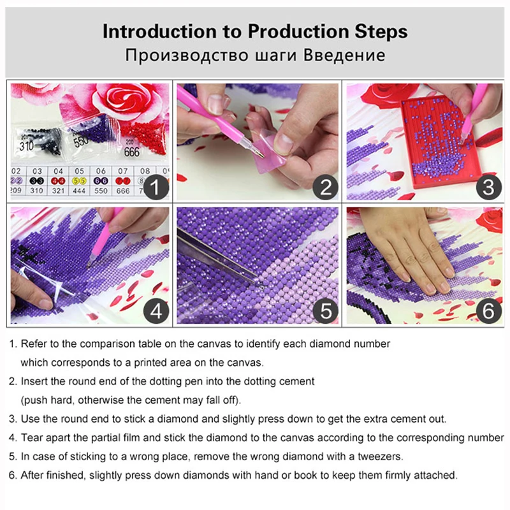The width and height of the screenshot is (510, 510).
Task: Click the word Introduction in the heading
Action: coord(160,31)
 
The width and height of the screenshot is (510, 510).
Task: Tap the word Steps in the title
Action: coord(381,33)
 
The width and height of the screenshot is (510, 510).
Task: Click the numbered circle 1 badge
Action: coord(156,187)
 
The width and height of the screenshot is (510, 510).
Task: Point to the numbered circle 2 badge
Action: coord(326,187)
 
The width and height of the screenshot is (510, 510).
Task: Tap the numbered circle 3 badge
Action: coord(489,187)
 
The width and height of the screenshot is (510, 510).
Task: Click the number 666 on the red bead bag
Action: coord(132,152)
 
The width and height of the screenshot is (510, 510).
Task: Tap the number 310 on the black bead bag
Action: coord(26,146)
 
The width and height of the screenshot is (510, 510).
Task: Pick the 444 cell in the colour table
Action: coord(79,191)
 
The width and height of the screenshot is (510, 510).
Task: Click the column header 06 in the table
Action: coord(101,171)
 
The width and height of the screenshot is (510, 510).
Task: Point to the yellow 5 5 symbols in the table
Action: coord(79,181)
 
